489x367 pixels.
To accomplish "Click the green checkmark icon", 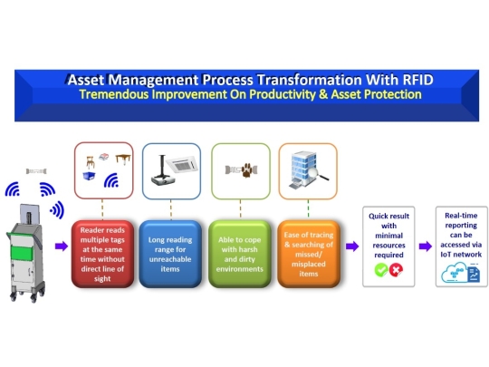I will [381, 270].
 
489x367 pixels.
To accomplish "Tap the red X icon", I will [397, 270].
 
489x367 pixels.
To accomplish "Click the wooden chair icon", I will [90, 160].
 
